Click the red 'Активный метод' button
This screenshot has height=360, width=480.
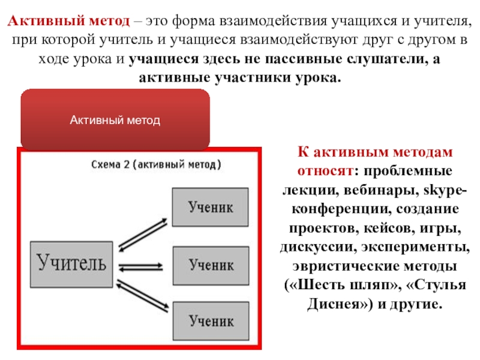[115, 120]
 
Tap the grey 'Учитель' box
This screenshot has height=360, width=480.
[72, 263]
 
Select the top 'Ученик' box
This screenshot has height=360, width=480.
[209, 207]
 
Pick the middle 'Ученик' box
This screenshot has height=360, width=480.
[209, 263]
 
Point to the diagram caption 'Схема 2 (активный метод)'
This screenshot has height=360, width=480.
[156, 163]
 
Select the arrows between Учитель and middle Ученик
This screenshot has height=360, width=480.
[142, 266]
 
